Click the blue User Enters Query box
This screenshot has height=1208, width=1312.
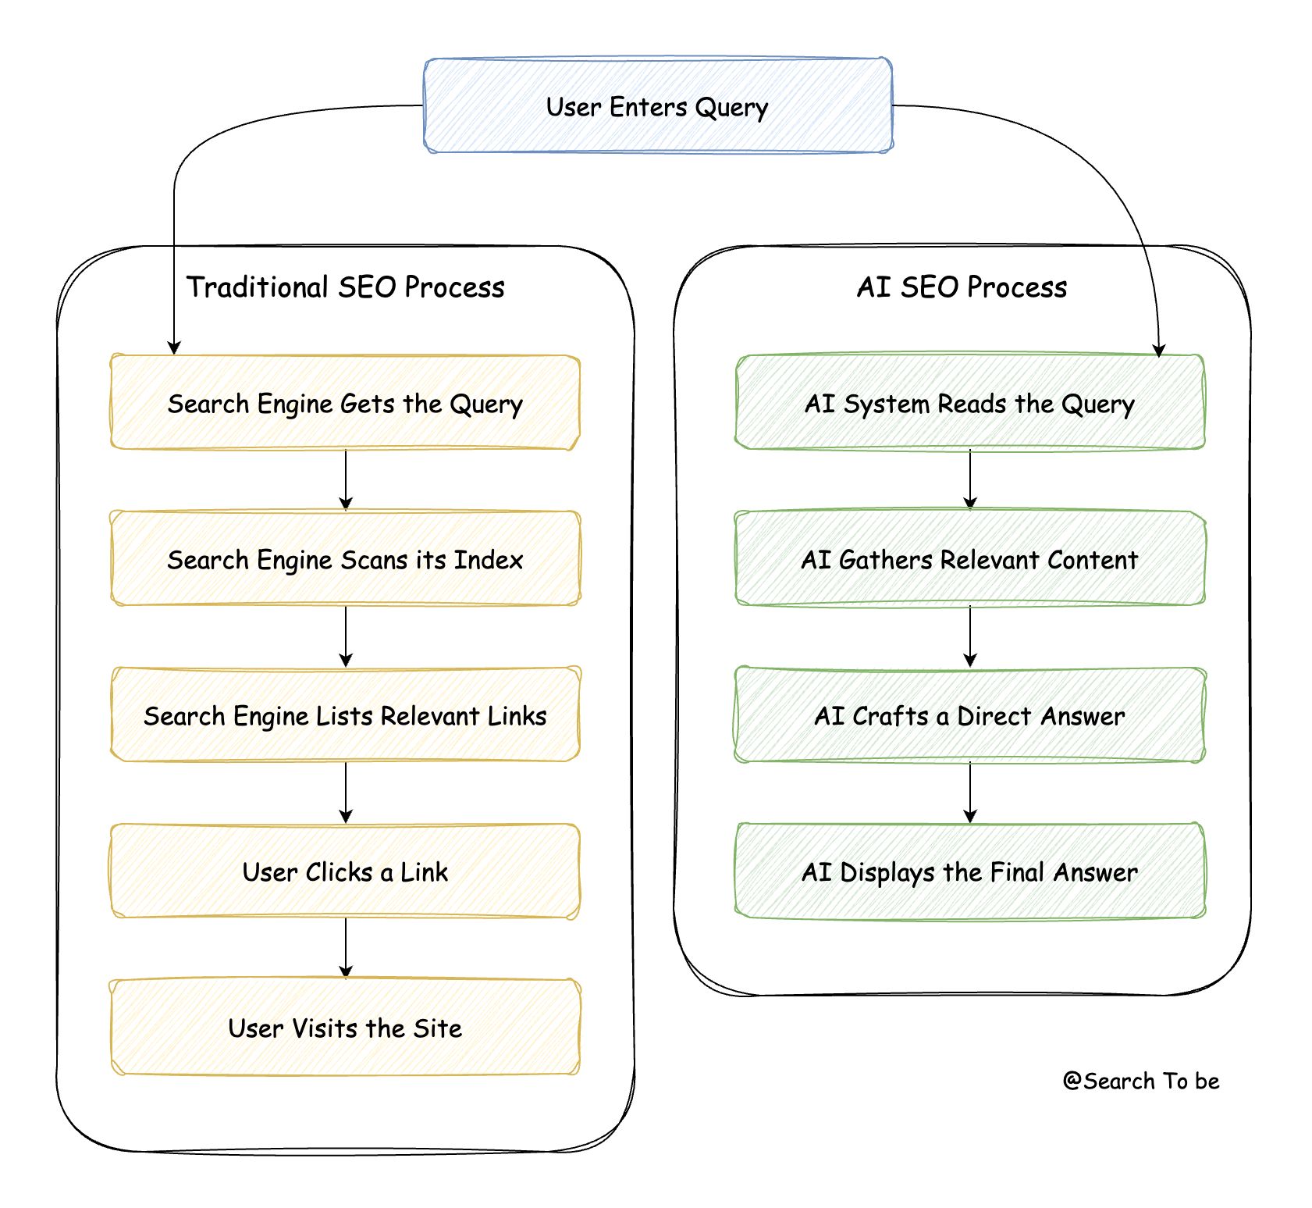[x=657, y=105]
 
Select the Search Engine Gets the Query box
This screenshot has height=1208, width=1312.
[x=345, y=403]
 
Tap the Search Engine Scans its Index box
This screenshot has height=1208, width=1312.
[x=345, y=559]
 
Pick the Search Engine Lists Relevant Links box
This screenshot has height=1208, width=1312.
[x=345, y=715]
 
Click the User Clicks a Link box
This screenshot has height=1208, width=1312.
[x=345, y=871]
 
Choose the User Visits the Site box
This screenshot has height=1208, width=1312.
[x=345, y=1028]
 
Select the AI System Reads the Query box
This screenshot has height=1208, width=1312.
[x=969, y=403]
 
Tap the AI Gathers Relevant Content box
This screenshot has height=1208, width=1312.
[x=969, y=559]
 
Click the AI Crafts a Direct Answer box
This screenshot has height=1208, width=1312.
[x=969, y=715]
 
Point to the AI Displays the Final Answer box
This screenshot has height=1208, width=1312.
[x=969, y=871]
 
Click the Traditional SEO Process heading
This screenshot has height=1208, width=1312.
[x=345, y=287]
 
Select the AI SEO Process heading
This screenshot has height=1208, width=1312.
[x=962, y=287]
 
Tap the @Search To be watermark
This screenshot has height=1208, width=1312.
[x=1140, y=1081]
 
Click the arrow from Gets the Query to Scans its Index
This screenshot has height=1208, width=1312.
[x=346, y=479]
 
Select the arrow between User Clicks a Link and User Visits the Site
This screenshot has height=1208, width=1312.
[x=346, y=948]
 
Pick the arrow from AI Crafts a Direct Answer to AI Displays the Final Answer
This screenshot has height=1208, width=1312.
[x=970, y=792]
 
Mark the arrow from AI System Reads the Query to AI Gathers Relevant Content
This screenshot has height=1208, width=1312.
[x=970, y=479]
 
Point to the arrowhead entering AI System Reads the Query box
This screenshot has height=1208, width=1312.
[x=1159, y=350]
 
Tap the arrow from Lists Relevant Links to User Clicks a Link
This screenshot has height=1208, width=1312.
[x=346, y=792]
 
